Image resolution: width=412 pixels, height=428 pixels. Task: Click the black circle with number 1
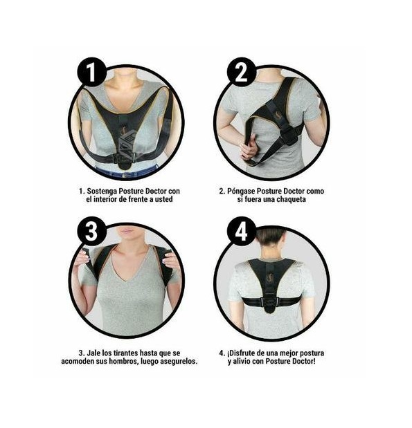91,72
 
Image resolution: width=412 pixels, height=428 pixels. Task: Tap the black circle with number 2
242,72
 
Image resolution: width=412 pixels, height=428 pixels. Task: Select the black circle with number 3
91,232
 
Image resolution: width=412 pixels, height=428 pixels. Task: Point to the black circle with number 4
242,232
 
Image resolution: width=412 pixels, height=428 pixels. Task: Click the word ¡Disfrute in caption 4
242,353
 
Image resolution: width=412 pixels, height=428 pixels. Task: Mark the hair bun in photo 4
271,236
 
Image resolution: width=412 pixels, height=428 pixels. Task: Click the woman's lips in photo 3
127,232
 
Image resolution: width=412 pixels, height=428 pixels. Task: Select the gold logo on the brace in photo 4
271,278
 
